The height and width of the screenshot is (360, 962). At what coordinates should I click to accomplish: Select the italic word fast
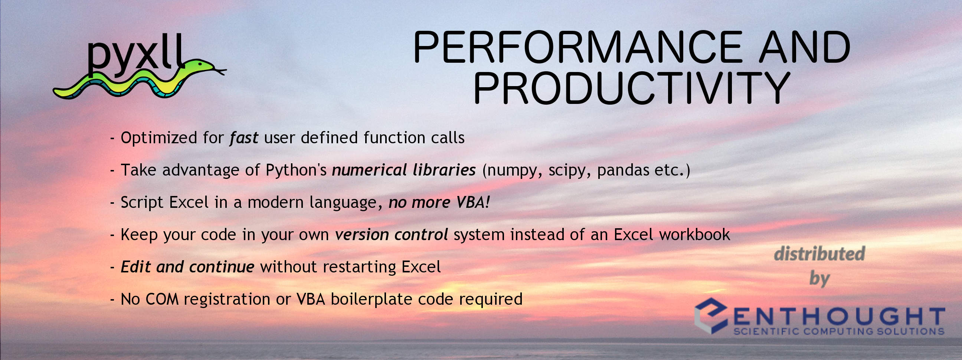point(244,138)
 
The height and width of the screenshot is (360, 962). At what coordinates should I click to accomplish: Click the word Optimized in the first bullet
point(159,138)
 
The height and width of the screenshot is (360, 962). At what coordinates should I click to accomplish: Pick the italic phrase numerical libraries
point(404,170)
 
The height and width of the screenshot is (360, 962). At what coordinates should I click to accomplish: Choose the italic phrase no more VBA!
point(439,202)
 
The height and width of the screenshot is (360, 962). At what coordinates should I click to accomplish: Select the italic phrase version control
point(392,235)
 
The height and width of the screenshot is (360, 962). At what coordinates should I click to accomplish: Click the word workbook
point(695,235)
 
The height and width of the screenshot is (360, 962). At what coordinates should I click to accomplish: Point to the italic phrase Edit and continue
point(187,267)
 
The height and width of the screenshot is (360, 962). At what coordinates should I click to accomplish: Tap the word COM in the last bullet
point(162,299)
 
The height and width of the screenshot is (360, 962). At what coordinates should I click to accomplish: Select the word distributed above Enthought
point(820,254)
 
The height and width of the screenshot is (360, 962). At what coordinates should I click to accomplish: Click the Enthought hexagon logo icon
point(711,315)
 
